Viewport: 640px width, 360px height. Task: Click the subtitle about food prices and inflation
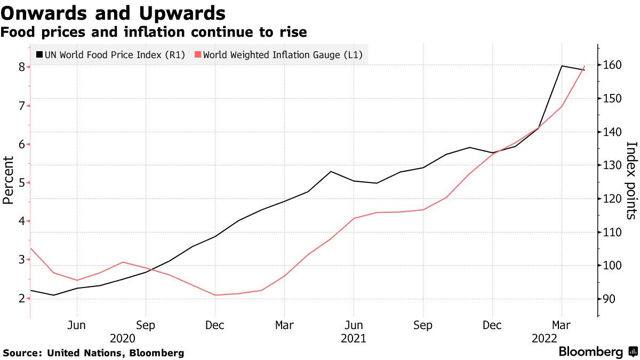click(154, 33)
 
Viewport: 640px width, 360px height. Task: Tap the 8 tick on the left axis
click(21, 67)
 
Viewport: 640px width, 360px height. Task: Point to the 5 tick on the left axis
click(21, 182)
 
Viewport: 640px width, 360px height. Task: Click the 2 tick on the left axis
click(21, 298)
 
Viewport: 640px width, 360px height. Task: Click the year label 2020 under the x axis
click(123, 338)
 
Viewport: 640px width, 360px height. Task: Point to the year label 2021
click(353, 338)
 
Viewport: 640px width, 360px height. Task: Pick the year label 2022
click(545, 338)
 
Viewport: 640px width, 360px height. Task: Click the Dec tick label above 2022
click(492, 325)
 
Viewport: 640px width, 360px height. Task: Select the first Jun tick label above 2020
click(77, 325)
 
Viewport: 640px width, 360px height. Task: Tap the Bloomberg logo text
click(590, 352)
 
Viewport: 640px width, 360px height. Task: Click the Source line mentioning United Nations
click(93, 353)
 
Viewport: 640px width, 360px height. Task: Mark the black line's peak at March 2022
click(562, 66)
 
